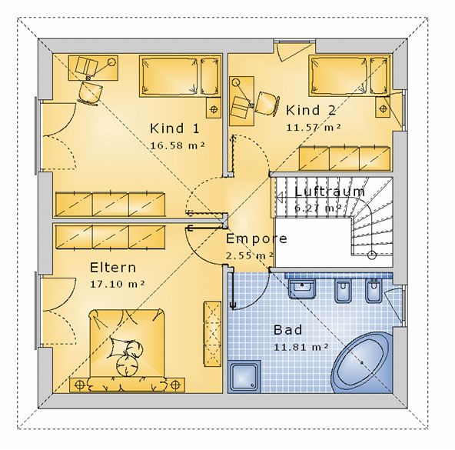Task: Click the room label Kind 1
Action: (174, 128)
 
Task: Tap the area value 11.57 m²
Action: (314, 128)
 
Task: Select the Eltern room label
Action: (113, 268)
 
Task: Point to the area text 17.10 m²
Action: (118, 284)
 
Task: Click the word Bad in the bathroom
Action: (288, 330)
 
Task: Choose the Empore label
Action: (257, 239)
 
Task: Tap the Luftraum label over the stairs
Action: (330, 192)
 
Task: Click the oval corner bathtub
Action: (361, 362)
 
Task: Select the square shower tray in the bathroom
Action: (244, 377)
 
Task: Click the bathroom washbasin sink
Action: (302, 288)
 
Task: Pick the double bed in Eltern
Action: (127, 348)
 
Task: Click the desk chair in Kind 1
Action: (90, 92)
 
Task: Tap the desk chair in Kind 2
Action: (267, 103)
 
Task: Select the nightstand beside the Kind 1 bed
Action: (214, 108)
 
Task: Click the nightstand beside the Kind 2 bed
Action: (383, 107)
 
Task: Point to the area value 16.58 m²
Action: (178, 145)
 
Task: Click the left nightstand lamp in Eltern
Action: (79, 385)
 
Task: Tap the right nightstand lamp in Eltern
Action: (175, 385)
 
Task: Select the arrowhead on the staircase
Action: (280, 198)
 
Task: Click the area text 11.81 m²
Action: (301, 347)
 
